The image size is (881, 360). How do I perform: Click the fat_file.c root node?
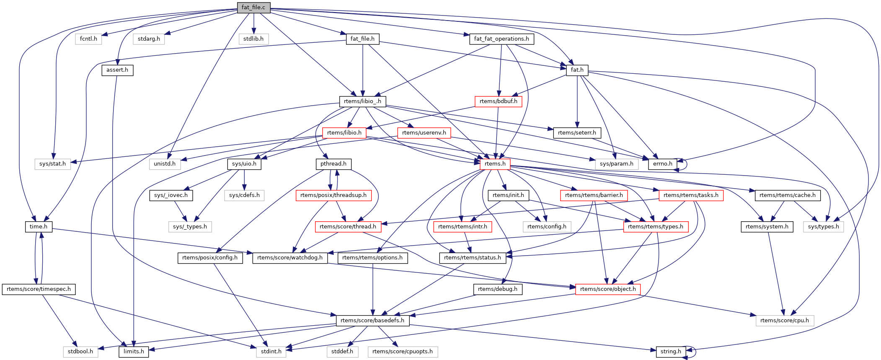[x=253, y=8]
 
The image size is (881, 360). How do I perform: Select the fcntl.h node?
[x=88, y=39]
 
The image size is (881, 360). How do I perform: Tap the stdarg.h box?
[x=149, y=39]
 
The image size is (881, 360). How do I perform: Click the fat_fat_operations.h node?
[x=501, y=39]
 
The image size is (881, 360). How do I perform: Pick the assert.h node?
[x=117, y=70]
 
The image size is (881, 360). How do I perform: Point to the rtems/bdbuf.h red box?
[x=498, y=101]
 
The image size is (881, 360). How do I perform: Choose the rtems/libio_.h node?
[x=362, y=101]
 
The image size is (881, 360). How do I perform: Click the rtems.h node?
[x=495, y=164]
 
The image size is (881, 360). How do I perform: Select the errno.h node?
[x=662, y=164]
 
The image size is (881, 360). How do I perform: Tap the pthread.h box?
[x=333, y=164]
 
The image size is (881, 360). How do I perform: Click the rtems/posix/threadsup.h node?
[x=333, y=195]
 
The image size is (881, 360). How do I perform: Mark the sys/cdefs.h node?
[x=244, y=195]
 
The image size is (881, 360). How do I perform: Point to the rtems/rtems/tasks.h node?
[x=691, y=195]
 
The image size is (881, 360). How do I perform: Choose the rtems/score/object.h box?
[x=608, y=289]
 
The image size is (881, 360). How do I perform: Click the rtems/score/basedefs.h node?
[x=372, y=321]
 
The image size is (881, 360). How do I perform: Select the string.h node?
[x=671, y=352]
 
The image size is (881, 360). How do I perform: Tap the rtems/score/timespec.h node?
[x=39, y=289]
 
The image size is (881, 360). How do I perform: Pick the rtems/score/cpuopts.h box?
[x=403, y=352]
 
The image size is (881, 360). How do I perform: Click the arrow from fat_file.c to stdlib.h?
[x=254, y=23]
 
